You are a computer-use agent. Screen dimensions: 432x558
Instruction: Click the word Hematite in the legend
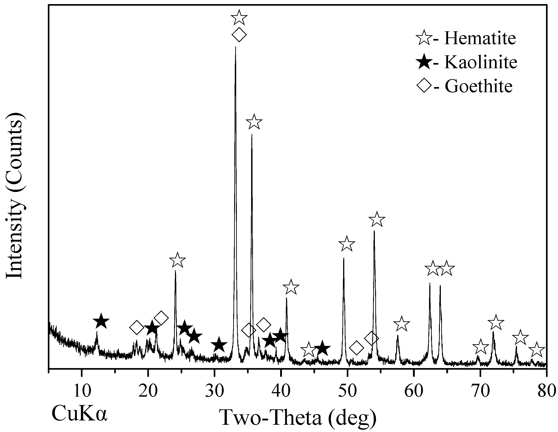(x=480, y=38)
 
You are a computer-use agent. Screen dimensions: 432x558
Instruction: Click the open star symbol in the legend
(x=424, y=38)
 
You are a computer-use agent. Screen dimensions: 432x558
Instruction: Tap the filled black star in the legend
(x=424, y=62)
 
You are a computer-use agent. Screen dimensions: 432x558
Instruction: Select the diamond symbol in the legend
(x=424, y=86)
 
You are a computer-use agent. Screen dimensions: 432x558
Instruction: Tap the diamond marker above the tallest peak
(x=239, y=34)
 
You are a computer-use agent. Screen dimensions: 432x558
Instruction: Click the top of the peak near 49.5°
(x=344, y=258)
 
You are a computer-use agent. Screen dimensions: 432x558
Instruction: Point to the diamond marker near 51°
(x=357, y=348)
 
